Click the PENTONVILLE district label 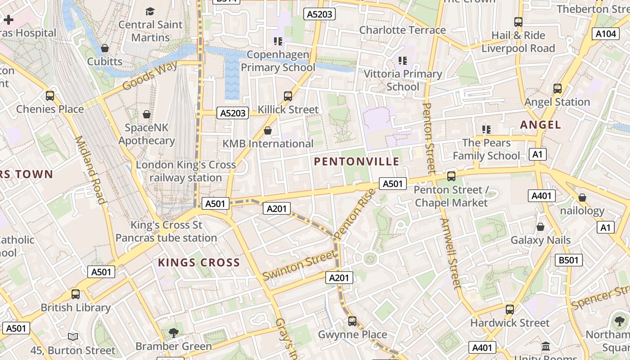point(356,162)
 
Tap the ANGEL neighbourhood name point(540,125)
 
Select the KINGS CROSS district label point(199,263)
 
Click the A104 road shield point(605,34)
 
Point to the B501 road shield point(568,260)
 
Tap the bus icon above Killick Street point(288,96)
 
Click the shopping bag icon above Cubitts point(105,48)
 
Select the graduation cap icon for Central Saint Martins point(150,11)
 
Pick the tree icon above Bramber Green point(173,333)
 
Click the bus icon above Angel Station point(557,89)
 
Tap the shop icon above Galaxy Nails point(540,227)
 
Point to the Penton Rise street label point(355,214)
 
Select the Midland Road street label point(90,170)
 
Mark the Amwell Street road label point(450,253)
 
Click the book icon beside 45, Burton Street point(73,337)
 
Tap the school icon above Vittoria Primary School point(402,60)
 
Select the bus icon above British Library point(76,294)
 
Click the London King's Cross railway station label point(185,171)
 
